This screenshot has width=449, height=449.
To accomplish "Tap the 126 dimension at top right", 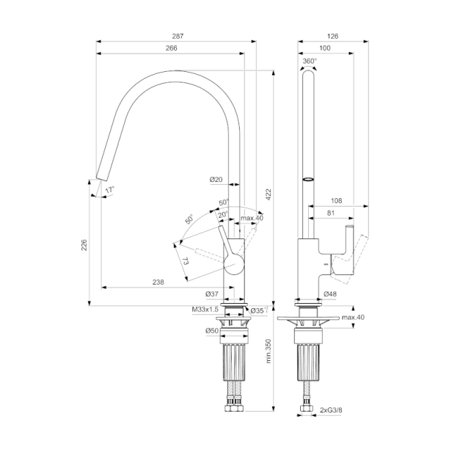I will pos(332,36).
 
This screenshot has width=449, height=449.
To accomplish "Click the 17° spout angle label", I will pos(109,190).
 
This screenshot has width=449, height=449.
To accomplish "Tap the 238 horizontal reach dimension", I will pos(158,282).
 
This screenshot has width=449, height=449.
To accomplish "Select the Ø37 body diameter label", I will pos(212,294).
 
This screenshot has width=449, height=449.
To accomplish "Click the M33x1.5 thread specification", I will pos(205,310).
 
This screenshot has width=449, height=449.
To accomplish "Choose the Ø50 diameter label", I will pos(212,331).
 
